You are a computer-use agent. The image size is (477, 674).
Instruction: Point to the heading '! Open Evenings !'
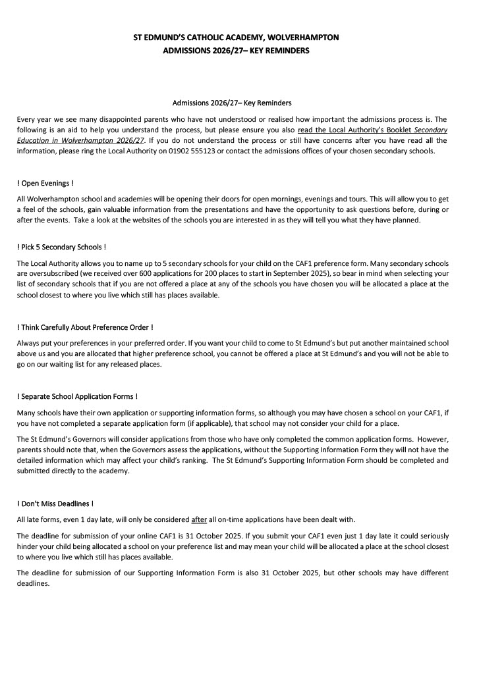[45, 182]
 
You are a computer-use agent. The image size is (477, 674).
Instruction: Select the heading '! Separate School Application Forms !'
[77, 396]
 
